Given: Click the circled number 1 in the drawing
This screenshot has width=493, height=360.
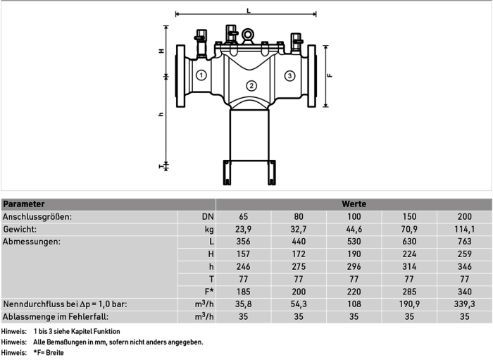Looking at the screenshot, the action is (201, 75).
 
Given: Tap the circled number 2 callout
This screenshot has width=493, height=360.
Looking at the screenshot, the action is (251, 85).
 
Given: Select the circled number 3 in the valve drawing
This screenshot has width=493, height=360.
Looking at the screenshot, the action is (289, 75).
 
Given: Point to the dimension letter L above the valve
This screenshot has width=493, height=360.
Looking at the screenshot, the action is (249, 11).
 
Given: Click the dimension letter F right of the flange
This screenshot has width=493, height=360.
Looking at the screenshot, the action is (330, 75).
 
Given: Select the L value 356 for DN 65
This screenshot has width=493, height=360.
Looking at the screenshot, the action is (244, 242).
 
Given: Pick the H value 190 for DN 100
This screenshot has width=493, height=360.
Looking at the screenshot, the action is (354, 254).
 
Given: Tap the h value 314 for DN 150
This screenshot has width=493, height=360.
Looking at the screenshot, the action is (409, 266).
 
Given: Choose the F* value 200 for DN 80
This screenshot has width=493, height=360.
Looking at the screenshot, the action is (299, 292).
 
